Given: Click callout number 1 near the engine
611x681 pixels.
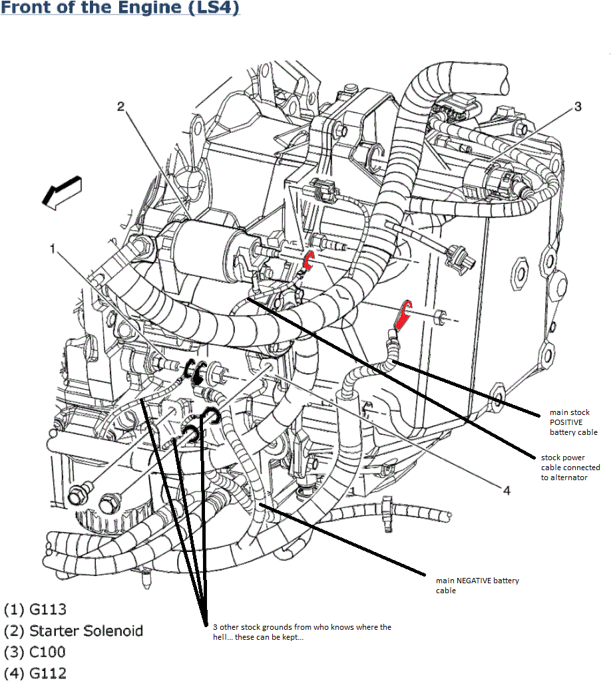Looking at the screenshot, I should tap(53, 249).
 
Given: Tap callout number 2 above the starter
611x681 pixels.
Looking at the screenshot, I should tap(120, 107).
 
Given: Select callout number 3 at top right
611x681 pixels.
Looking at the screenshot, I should tap(578, 106).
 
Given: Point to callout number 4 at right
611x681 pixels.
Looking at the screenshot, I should tap(507, 490).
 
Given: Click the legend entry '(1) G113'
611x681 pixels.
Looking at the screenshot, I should tap(35, 609).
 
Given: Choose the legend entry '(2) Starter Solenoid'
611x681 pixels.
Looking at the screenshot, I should tap(73, 630).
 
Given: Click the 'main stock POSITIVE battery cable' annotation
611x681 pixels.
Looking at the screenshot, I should tap(573, 422).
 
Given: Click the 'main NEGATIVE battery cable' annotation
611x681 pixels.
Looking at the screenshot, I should tap(477, 585).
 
